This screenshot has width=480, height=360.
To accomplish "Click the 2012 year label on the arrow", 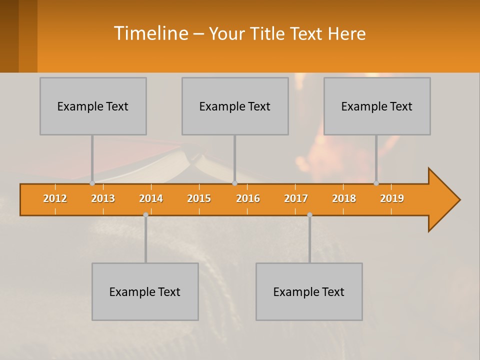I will coord(55,198).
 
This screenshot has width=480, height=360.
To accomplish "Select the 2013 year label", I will coord(103,198).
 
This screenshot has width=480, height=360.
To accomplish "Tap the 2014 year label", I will coord(151,198).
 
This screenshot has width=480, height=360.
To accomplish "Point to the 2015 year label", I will coord(199,198).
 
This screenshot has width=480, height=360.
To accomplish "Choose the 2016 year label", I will coord(248,198).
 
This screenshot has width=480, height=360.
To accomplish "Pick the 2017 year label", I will coord(296,198).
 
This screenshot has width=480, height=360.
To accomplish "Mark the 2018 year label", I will coord(344,198).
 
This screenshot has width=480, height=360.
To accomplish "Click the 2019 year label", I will coord(392,198).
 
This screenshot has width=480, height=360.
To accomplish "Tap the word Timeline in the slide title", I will coord(150,33).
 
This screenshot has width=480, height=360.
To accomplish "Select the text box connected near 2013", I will coord(93,106).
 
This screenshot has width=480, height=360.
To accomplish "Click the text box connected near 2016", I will coord(235,106).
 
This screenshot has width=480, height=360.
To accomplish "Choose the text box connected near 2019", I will coord(377,106).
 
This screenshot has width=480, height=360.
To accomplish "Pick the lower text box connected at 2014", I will coord(145,291).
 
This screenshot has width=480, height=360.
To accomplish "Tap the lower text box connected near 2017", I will coord(309,291).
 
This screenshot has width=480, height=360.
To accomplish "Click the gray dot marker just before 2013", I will coord(92,183).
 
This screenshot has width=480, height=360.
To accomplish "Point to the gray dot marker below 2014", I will coord(145,214).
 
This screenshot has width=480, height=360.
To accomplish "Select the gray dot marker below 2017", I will coord(309,214).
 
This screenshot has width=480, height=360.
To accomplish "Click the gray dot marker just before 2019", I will coord(376,183).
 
